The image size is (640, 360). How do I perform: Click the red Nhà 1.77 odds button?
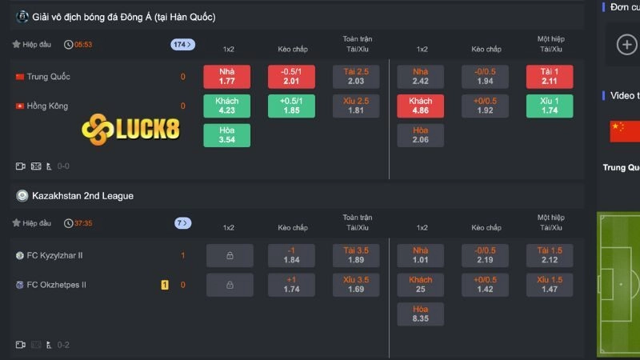(x=226, y=77)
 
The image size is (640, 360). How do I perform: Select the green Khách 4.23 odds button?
(x=226, y=106)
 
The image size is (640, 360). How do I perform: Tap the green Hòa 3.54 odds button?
(x=226, y=135)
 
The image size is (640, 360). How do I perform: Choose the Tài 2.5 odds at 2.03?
(x=356, y=77)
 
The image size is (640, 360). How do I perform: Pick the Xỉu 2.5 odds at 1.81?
(x=356, y=106)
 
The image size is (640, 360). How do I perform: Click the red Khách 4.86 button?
(x=420, y=106)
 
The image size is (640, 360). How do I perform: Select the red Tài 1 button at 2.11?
(x=549, y=77)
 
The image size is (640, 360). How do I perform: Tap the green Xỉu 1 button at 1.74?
(x=549, y=106)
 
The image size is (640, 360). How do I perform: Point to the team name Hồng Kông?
(x=47, y=106)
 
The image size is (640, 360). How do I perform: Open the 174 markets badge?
(x=182, y=45)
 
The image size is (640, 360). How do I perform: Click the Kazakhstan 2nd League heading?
(x=82, y=195)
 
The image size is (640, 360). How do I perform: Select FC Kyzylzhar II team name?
(x=54, y=255)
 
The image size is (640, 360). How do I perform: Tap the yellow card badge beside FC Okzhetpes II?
(x=165, y=285)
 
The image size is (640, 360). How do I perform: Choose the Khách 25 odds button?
(x=420, y=285)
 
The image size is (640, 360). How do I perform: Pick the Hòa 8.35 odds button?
(x=420, y=314)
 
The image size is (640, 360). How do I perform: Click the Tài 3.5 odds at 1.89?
(x=356, y=255)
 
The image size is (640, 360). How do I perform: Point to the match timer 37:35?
(x=83, y=223)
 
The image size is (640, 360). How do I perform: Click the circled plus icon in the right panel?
(x=626, y=44)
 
